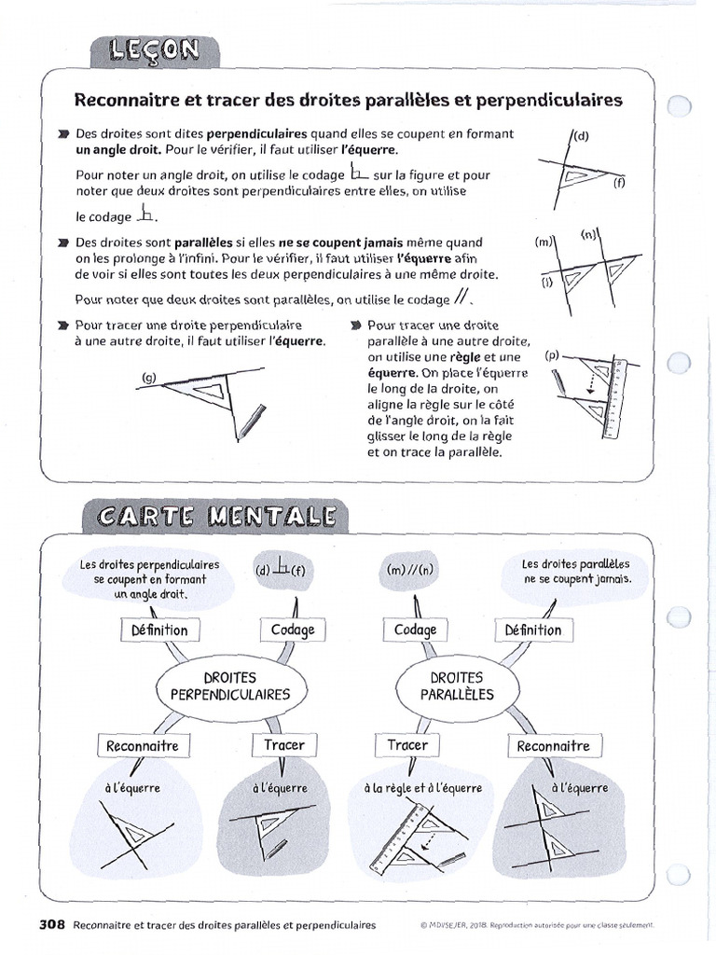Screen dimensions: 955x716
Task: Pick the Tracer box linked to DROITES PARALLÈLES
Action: (407, 744)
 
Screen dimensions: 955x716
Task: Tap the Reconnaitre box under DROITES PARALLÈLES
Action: (553, 746)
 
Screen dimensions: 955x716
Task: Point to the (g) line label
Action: (148, 377)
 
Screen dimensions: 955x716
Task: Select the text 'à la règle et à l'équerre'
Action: (422, 788)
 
